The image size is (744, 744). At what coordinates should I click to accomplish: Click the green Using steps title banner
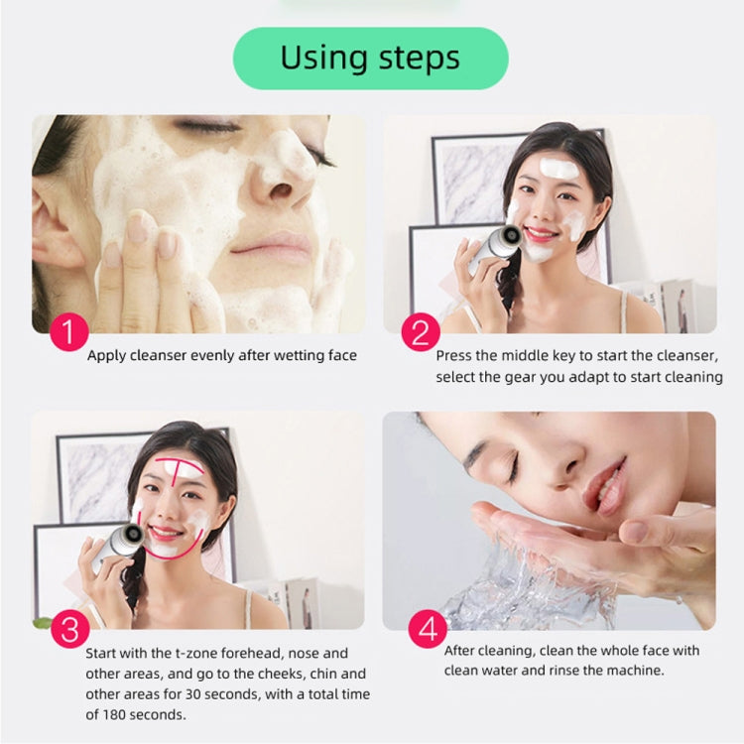[x=370, y=59]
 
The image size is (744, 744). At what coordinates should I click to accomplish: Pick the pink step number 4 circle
[x=427, y=630]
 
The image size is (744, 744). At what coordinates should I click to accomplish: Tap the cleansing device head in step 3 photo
[x=133, y=535]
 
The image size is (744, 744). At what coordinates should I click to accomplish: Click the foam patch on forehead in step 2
[x=558, y=169]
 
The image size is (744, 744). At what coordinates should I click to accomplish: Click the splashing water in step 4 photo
[x=506, y=585]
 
